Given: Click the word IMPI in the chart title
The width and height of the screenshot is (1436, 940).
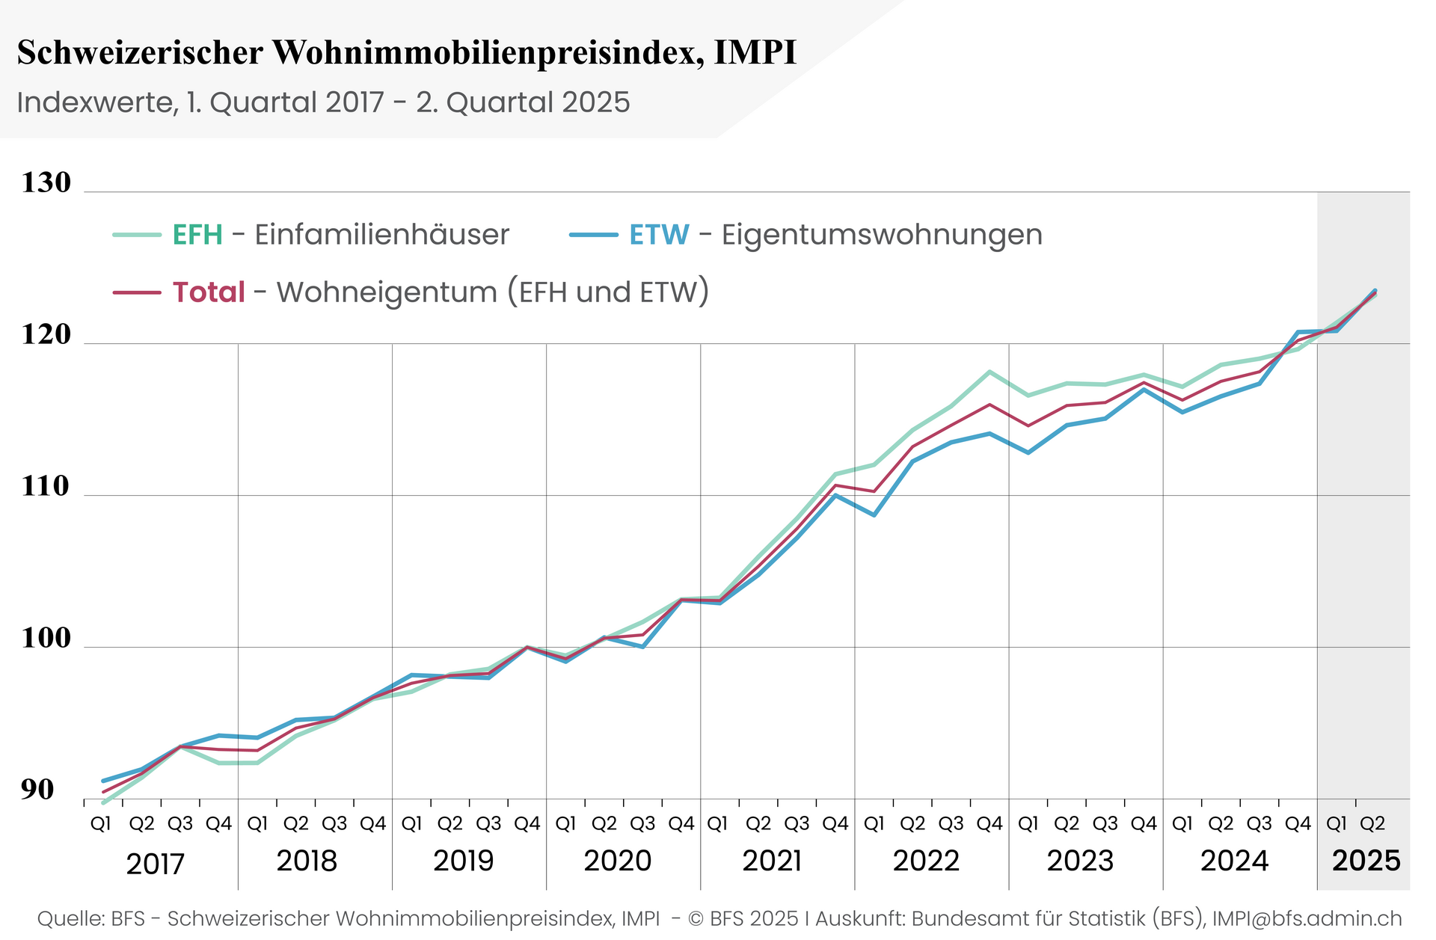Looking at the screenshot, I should [x=755, y=53].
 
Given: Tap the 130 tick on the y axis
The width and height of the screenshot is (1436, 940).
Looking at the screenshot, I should [x=46, y=182].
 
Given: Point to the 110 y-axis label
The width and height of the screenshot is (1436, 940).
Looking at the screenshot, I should [x=46, y=487].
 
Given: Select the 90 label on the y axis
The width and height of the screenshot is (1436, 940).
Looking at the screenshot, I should [x=37, y=790].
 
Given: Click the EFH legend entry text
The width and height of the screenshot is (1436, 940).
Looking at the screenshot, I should [x=197, y=235].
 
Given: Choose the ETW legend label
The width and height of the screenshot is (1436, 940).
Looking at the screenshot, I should [x=659, y=235].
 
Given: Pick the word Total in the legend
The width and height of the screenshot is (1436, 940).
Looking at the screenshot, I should [x=209, y=292].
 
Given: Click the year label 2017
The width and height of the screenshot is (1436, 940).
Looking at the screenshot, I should [x=155, y=864].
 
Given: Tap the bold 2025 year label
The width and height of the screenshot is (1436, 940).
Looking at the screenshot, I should [x=1366, y=861].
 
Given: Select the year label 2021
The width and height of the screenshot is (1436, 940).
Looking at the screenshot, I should [x=772, y=861].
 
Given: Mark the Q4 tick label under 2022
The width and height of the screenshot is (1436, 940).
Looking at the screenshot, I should [x=989, y=824].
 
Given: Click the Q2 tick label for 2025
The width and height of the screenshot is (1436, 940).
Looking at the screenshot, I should [x=1372, y=824].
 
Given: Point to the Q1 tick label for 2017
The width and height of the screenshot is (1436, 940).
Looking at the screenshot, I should [x=101, y=824].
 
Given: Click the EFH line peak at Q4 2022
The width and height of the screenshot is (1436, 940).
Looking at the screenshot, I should [x=989, y=372].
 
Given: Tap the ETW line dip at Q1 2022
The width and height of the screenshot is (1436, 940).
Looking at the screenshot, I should [x=874, y=514].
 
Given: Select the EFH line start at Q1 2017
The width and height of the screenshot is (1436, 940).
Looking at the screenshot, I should [x=103, y=802].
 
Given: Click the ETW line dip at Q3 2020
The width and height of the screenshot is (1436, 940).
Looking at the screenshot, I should [x=642, y=646].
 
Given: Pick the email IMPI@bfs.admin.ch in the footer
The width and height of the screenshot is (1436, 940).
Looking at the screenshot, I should [x=1307, y=918].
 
